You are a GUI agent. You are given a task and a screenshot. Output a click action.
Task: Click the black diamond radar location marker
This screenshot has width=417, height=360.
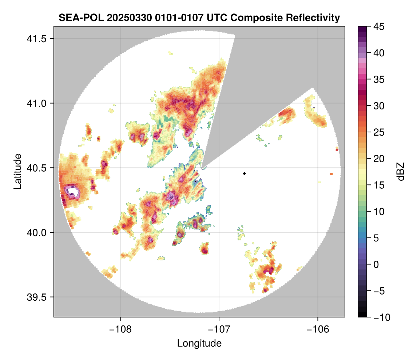[x=245, y=173]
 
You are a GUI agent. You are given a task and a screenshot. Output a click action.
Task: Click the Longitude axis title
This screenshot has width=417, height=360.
[x=199, y=343]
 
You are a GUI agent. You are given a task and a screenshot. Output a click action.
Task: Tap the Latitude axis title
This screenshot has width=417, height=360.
[x=17, y=171]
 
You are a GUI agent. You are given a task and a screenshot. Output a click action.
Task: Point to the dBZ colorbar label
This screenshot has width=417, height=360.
[x=401, y=172]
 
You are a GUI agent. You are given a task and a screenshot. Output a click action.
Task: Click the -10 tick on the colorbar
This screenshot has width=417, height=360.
[x=380, y=317]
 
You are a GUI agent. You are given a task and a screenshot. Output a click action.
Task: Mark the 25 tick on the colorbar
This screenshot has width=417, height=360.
[x=378, y=132]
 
